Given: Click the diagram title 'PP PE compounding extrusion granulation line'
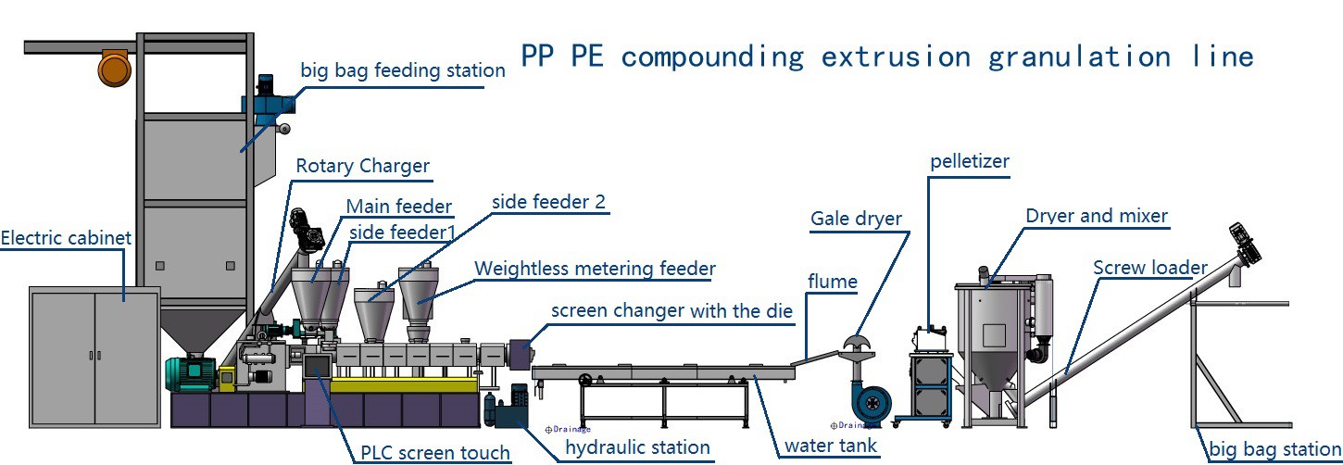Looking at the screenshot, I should (886, 57).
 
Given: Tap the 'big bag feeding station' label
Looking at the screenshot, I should (403, 70).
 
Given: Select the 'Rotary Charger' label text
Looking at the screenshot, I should (362, 167).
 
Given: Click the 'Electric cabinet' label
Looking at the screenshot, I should (66, 238).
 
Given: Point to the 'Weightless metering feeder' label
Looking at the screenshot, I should (595, 270).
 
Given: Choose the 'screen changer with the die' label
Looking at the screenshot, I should (671, 311).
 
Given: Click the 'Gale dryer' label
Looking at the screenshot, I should (856, 220).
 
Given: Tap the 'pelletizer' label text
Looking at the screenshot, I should (969, 162).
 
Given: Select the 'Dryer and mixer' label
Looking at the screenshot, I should (1097, 216).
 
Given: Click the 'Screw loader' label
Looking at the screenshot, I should (1150, 269).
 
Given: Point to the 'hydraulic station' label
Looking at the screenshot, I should (637, 447).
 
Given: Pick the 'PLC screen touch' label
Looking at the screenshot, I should (434, 452).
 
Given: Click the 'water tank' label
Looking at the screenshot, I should (830, 446).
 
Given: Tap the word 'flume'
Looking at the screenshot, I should (832, 281).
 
